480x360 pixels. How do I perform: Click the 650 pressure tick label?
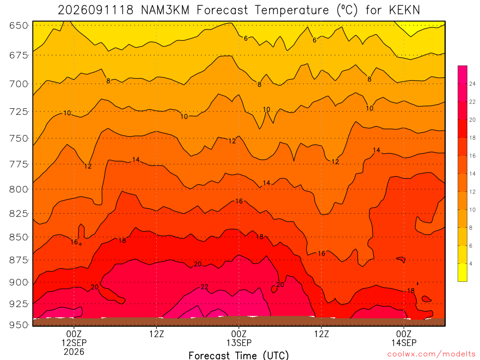point(19,25)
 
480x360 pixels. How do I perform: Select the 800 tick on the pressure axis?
point(19,189)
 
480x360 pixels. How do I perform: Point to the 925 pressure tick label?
point(19,304)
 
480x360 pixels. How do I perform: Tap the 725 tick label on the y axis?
point(19,112)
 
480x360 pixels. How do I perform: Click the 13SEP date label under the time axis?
point(239,343)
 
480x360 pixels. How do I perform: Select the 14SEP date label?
point(404,343)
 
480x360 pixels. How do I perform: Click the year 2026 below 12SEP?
point(74,352)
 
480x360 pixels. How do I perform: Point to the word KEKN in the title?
point(405,10)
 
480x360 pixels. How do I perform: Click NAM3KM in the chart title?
point(165,10)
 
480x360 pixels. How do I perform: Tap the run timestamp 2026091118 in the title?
point(96,10)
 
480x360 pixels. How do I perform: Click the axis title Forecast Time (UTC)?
point(239,355)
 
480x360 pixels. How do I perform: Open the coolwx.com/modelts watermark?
point(431,354)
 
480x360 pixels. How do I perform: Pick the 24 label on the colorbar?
point(472,84)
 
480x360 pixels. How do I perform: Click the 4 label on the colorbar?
point(471,263)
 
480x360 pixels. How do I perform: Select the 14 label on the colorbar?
point(472,173)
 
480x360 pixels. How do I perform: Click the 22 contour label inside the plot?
point(204,287)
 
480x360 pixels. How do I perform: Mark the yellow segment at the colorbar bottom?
point(462,272)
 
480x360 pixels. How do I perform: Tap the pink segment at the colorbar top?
point(462,75)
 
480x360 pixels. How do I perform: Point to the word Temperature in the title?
point(292,10)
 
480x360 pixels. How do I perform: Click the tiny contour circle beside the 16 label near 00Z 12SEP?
point(80,244)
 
